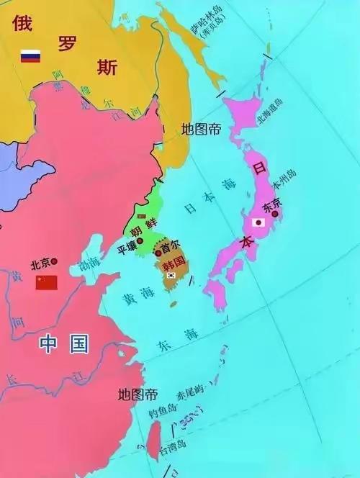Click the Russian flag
[30, 55]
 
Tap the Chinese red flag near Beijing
[46, 281]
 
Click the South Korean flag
[171, 275]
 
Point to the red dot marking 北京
[55, 261]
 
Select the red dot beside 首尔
[158, 253]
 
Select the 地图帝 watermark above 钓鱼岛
[137, 394]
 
